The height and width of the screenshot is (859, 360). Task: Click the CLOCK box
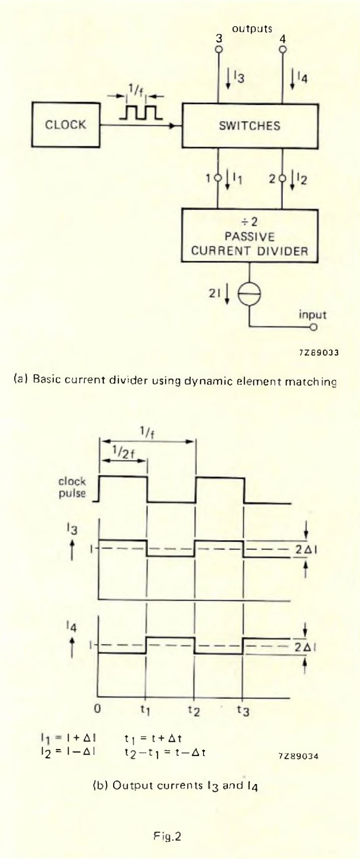click(x=66, y=125)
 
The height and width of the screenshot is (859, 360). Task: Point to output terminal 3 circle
click(x=218, y=50)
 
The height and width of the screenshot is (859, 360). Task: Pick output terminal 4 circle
click(x=283, y=50)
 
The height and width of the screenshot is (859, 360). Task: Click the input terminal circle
click(x=313, y=327)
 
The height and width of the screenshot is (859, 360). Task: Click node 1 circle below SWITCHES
click(x=218, y=177)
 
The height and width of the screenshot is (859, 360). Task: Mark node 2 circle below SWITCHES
click(x=283, y=177)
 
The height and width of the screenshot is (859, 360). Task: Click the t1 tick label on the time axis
click(x=145, y=711)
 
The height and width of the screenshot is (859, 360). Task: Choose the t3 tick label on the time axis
click(x=243, y=711)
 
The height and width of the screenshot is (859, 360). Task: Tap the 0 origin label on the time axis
click(x=98, y=709)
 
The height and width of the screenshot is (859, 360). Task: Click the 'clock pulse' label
click(x=72, y=487)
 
